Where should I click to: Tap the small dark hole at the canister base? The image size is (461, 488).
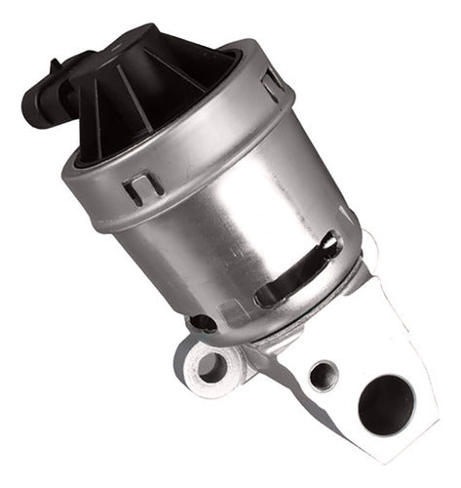tap(202, 324)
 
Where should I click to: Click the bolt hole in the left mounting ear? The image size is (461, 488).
tap(209, 368)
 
